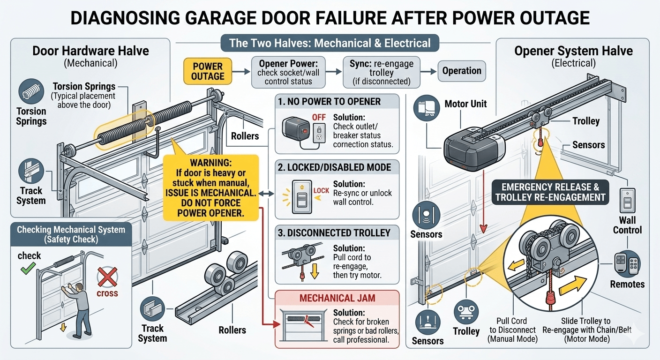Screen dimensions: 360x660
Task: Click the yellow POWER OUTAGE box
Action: (208, 71)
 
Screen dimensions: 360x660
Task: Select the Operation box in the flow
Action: (462, 71)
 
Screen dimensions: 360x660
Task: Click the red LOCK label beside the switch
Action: (321, 190)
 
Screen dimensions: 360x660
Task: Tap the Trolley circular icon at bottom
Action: (466, 312)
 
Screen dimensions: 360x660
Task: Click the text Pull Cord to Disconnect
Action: (512, 330)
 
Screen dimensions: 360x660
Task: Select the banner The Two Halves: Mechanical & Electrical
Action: (330, 44)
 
